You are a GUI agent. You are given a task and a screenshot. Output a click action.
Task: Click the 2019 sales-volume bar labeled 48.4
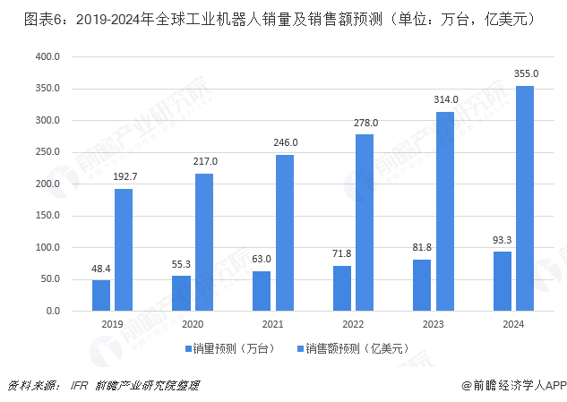101,295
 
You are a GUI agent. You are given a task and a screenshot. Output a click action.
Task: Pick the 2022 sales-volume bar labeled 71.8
342,288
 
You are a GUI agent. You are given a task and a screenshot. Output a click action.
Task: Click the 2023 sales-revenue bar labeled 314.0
445,211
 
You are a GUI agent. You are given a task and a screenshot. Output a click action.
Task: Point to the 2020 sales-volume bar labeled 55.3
181,293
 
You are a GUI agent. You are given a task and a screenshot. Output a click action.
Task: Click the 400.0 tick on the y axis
47,57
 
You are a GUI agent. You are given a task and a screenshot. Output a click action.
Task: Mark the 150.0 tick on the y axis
47,216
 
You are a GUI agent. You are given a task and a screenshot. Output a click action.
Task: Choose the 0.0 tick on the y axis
52,311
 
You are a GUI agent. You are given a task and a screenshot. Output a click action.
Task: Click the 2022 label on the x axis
353,326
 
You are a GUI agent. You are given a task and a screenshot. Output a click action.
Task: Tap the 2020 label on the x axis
192,326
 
